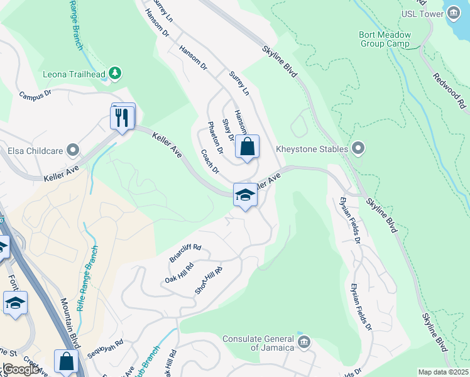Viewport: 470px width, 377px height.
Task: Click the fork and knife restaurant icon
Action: coord(123,117)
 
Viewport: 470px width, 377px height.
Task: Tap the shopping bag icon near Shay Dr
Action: coord(248,148)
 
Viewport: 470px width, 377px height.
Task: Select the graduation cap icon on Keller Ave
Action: coord(245,195)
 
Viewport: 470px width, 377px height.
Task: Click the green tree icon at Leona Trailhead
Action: coord(114,74)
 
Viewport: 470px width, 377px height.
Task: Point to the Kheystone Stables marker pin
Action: coord(358,149)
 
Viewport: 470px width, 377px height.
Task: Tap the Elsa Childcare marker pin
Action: coord(73,150)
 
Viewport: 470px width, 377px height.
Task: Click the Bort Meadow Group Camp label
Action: coord(384,40)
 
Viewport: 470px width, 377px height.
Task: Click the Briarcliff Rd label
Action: coord(185,253)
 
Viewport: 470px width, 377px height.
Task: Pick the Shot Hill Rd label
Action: coord(209,280)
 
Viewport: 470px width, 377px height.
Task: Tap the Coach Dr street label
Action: coord(210,161)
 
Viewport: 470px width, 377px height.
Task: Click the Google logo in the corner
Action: coord(21,369)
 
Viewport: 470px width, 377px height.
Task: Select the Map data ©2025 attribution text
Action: coord(442,372)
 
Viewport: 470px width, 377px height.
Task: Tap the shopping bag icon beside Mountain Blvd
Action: coord(66,362)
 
